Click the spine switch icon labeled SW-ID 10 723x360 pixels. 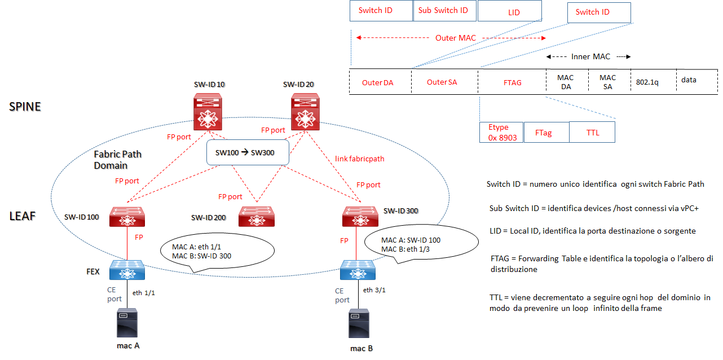(x=209, y=112)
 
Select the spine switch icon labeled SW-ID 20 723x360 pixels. (x=305, y=112)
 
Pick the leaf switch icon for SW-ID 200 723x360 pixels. (x=257, y=216)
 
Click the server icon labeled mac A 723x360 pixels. (x=128, y=324)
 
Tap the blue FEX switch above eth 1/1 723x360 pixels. (x=128, y=270)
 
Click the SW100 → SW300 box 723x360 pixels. (x=248, y=153)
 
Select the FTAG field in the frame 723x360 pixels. (x=512, y=82)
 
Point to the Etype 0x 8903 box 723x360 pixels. (x=501, y=133)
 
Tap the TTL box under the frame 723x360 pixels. (x=592, y=133)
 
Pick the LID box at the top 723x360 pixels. (x=513, y=12)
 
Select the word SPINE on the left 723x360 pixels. (x=25, y=106)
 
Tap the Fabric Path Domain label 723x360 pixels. (x=117, y=160)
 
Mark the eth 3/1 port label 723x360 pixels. (x=375, y=290)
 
